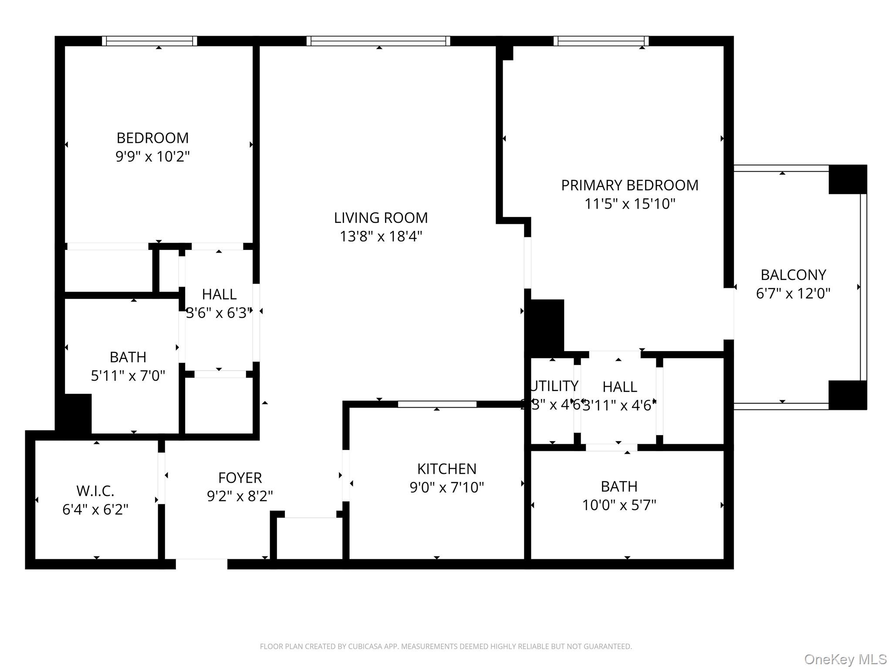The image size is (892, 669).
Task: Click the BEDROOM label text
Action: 152,138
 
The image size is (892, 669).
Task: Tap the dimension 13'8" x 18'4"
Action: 381,237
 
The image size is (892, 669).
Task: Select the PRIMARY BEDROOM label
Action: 629,186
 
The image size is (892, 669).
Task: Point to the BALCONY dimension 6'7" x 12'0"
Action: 793,294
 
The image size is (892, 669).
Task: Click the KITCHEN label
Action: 446,469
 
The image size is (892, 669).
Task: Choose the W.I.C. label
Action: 95,491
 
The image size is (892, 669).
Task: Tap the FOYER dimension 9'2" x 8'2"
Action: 240,496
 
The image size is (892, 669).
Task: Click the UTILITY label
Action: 554,386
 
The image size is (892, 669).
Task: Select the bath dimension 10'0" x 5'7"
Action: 619,505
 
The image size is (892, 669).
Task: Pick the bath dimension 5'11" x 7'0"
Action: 128,375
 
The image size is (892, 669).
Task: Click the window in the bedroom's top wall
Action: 149,41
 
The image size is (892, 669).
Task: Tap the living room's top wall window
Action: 378,41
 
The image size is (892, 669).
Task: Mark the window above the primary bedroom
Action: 601,41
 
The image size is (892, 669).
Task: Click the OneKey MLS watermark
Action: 845,659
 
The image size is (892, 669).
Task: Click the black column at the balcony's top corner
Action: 847,179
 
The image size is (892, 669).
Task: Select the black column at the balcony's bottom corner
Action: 847,395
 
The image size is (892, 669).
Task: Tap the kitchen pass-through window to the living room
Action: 437,404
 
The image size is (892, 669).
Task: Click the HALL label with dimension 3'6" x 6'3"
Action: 219,294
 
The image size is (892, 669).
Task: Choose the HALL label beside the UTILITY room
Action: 619,387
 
